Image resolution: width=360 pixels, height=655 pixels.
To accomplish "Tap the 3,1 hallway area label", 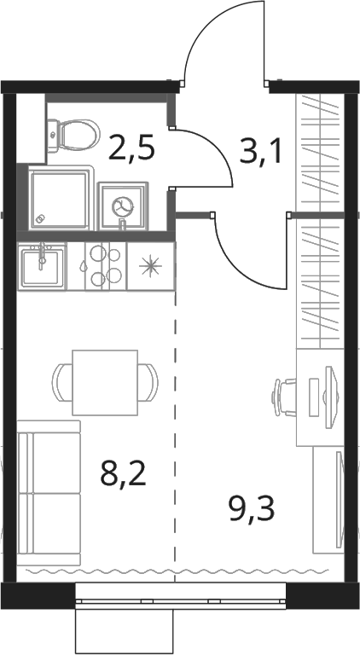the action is (259, 152).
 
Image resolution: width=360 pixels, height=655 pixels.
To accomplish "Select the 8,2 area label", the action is (123, 474).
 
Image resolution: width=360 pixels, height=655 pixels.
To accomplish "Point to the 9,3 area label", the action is (252, 510).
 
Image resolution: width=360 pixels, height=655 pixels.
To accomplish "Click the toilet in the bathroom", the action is (73, 136).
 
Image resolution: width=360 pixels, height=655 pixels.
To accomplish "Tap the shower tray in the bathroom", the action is (61, 197).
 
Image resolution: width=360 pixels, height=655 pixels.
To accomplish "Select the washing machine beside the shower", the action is (123, 206).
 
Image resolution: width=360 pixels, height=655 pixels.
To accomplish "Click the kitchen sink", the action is (42, 266).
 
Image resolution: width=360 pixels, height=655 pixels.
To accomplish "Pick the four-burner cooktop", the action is (106, 266).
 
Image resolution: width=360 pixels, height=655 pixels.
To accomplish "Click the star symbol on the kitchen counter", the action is (151, 267).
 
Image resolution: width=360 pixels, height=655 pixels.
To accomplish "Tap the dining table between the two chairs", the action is (105, 383).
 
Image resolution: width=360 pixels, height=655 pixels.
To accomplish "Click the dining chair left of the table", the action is (62, 383).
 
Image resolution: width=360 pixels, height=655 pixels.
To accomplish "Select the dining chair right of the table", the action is (148, 383).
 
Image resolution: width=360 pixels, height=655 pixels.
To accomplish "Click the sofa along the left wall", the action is (49, 493).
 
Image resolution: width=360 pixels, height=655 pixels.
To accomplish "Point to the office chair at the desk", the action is (284, 397).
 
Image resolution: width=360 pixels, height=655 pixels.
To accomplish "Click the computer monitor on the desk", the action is (330, 397).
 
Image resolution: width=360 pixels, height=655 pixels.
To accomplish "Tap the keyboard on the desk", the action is (313, 397).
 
